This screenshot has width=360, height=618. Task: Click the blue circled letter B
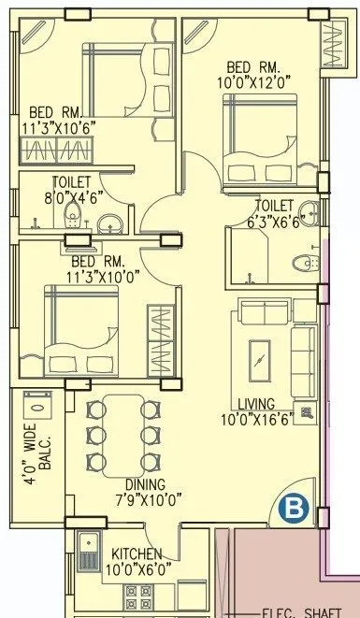click(x=294, y=509)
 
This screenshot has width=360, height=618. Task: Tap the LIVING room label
click(x=255, y=404)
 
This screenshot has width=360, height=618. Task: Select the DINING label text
click(x=138, y=484)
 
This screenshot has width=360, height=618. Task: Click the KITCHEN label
click(x=137, y=554)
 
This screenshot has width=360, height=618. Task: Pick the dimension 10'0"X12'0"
click(x=252, y=82)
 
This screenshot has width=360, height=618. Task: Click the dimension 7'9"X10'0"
click(x=138, y=499)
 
